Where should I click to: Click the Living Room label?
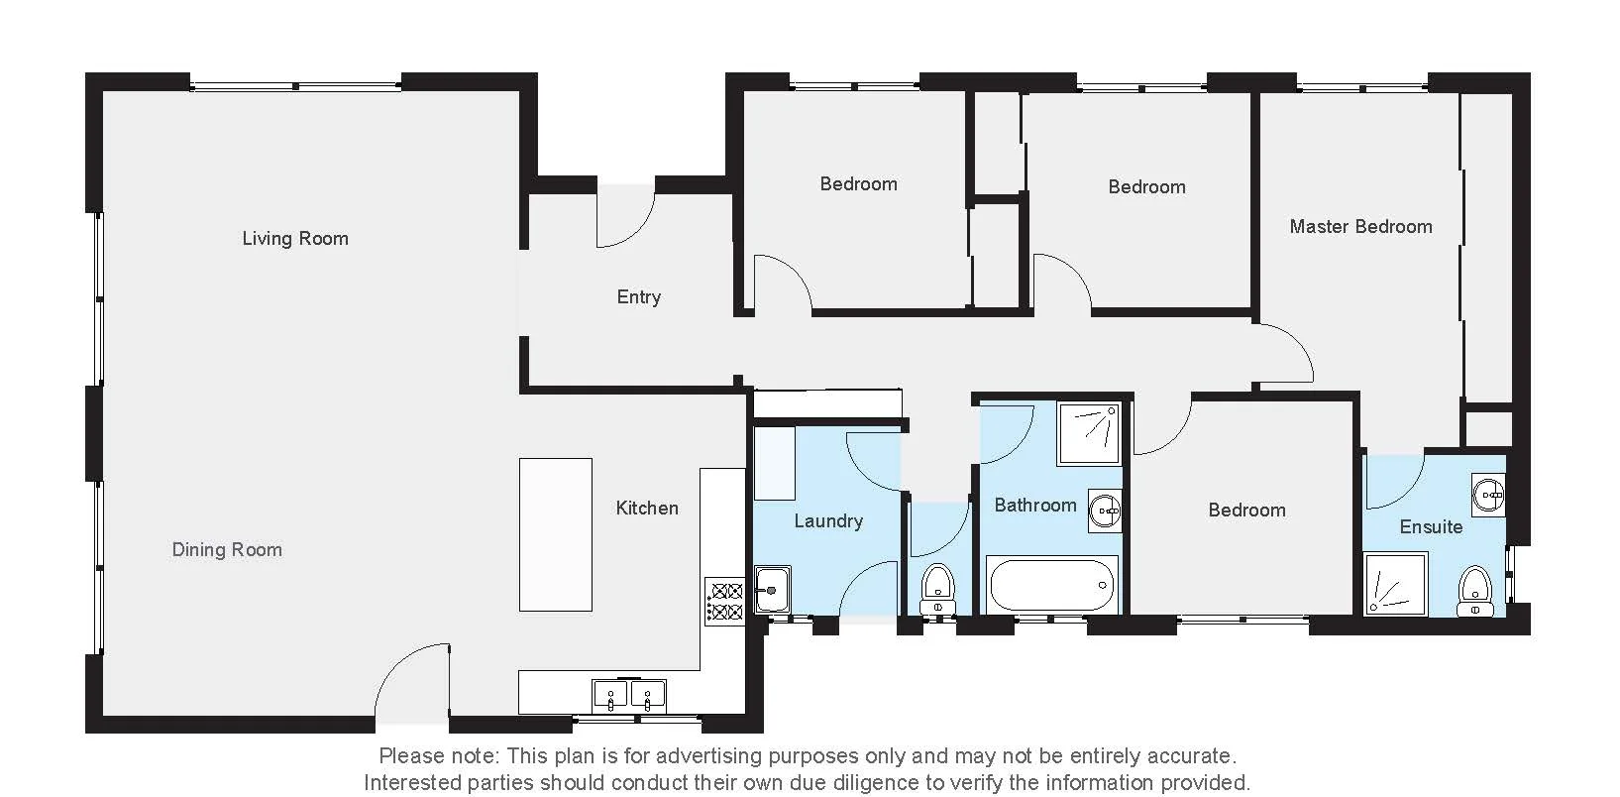click(295, 238)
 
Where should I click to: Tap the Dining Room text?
click(227, 549)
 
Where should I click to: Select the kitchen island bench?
click(556, 534)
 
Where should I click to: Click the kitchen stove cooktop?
click(724, 602)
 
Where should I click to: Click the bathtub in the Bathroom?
click(1051, 586)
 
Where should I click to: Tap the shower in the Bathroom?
click(1089, 433)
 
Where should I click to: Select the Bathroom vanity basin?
click(1104, 511)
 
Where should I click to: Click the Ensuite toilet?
click(1474, 591)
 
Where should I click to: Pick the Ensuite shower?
click(1395, 585)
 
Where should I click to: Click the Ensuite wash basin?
click(1487, 493)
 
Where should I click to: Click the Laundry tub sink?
click(772, 589)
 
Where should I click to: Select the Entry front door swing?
click(625, 216)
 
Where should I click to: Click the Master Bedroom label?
click(1360, 226)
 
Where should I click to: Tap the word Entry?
click(638, 296)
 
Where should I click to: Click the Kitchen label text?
click(647, 508)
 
